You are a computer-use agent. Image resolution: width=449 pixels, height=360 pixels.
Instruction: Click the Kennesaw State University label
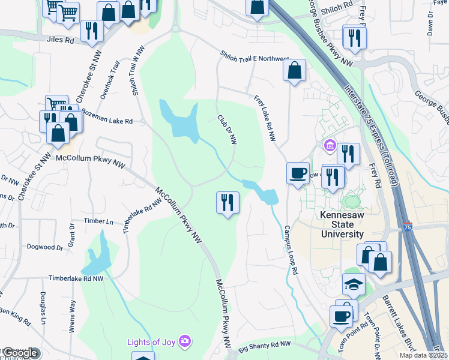coord(342,224)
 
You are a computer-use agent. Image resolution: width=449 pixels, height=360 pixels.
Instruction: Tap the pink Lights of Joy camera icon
coord(185,341)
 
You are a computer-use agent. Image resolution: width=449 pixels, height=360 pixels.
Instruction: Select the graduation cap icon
coord(354,284)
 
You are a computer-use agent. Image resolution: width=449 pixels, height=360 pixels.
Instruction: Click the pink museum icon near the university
coord(329,145)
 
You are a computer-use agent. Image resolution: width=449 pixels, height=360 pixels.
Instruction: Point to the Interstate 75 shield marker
coord(408,227)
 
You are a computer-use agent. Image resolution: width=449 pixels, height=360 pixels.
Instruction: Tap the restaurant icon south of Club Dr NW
coord(228,202)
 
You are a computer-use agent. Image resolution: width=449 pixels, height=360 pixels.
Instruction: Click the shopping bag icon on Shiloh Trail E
coord(294,70)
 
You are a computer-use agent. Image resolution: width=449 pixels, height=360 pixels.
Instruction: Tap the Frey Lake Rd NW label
coord(265,118)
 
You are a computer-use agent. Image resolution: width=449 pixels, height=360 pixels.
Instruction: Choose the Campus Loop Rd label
coord(291,250)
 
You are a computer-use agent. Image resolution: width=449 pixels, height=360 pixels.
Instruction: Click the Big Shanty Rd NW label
coord(264,347)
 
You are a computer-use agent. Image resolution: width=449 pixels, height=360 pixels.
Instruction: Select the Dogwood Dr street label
coord(45,247)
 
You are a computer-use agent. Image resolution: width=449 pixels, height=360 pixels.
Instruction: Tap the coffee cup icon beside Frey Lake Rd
coord(298,173)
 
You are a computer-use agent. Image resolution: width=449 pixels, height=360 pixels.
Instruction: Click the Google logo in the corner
coord(20,353)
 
